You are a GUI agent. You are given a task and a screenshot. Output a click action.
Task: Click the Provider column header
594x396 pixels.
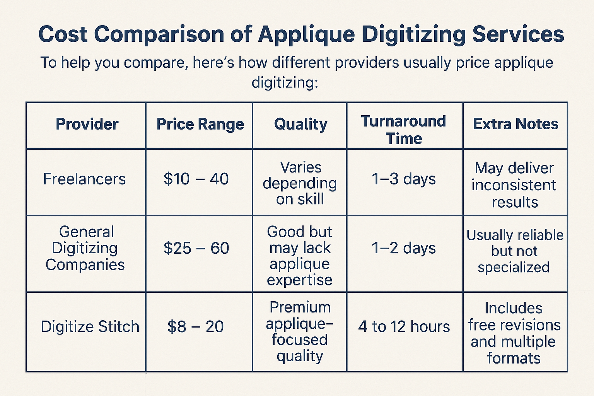click(87, 124)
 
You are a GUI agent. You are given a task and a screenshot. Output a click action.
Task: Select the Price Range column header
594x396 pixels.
click(200, 125)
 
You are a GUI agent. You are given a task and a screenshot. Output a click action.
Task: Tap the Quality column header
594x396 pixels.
click(301, 125)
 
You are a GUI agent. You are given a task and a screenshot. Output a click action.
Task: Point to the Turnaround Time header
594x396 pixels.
click(404, 130)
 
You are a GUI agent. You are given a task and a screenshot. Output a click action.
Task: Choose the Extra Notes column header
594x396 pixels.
click(515, 124)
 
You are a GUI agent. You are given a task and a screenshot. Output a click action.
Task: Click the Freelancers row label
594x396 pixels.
click(84, 179)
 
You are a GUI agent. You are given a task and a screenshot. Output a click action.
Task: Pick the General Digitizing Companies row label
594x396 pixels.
click(85, 248)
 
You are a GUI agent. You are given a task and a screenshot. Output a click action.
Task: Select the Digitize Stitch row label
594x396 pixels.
click(90, 326)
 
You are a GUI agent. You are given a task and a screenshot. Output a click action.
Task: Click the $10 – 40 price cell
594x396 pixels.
click(196, 179)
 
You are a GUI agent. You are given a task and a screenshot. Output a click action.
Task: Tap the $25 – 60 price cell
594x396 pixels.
click(196, 248)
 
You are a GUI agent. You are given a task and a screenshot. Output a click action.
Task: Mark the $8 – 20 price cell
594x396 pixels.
click(195, 326)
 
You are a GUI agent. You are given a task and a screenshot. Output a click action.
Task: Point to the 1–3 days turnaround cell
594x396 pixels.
click(404, 179)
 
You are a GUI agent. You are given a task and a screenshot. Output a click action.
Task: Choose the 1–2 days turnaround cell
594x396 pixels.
click(404, 248)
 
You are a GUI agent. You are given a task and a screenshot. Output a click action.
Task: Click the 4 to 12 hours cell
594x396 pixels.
click(404, 326)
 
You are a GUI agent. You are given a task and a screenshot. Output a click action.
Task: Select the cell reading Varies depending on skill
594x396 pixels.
click(300, 183)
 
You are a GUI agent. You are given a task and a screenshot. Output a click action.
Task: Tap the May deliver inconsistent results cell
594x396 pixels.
click(514, 185)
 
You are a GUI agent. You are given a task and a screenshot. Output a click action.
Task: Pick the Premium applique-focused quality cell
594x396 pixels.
click(300, 331)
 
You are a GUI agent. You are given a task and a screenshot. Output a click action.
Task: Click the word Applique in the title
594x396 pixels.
click(306, 34)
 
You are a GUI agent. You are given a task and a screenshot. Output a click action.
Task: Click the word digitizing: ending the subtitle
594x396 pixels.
click(285, 82)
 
